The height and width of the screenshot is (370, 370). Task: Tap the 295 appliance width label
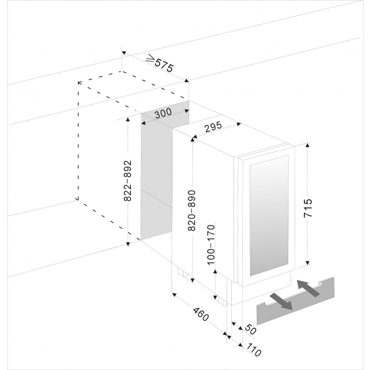[x=213, y=127]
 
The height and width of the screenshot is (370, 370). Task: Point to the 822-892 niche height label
[x=128, y=181]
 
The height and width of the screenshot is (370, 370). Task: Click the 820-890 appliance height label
[x=192, y=210]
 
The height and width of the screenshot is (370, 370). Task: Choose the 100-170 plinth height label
[x=211, y=245]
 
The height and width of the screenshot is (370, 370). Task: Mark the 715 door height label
[x=308, y=208]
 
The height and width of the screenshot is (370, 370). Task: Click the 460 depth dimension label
[x=201, y=314]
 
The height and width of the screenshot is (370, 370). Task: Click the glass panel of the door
[x=269, y=215]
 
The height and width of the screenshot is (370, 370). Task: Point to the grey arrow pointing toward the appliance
[x=308, y=288]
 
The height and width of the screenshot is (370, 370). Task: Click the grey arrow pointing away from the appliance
[x=281, y=301]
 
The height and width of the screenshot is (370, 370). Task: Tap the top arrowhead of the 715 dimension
[x=307, y=145]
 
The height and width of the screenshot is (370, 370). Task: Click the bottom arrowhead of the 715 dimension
[x=307, y=263]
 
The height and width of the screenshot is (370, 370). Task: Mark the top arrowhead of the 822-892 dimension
[x=128, y=119]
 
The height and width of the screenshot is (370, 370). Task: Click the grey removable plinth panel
[x=295, y=302]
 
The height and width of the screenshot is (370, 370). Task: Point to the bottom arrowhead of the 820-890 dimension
[x=192, y=280]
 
